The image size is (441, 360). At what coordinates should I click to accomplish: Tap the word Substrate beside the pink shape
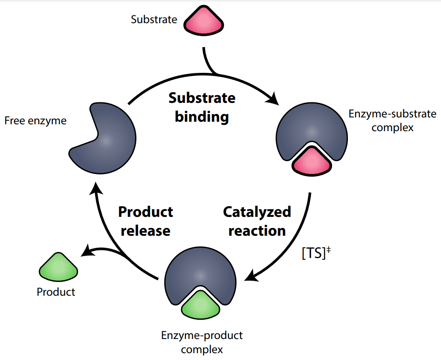(154, 19)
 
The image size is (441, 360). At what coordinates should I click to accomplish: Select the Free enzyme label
(36, 120)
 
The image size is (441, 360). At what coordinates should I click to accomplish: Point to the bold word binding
(202, 117)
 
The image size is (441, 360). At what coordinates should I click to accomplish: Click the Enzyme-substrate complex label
(392, 120)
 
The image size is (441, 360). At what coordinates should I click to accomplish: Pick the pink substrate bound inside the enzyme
(312, 162)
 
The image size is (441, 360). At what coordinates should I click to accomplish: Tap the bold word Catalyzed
(257, 212)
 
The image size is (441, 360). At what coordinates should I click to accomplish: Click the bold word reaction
(257, 231)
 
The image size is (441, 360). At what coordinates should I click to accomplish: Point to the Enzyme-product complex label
(202, 342)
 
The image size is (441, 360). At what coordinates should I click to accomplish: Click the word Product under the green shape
(56, 292)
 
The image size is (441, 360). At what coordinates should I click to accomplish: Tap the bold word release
(145, 231)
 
